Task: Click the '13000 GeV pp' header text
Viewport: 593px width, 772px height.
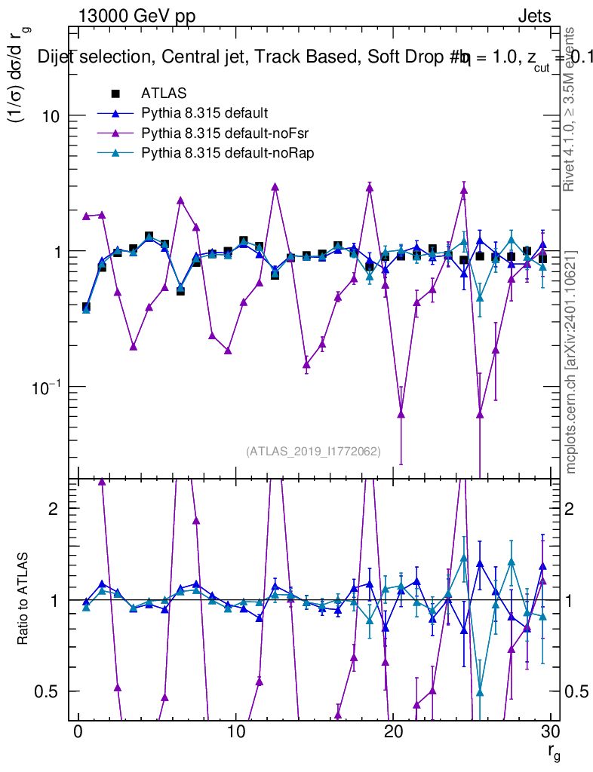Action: click(x=137, y=16)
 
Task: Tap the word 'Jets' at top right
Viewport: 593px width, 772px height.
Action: click(x=534, y=16)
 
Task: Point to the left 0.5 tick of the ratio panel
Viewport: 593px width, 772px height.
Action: click(x=48, y=691)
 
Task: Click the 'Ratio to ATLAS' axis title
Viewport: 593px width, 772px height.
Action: click(x=23, y=599)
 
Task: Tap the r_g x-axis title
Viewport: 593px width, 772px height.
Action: click(x=554, y=753)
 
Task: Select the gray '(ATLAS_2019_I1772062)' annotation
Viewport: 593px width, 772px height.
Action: click(x=313, y=452)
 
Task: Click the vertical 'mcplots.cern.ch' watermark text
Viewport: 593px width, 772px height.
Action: click(x=571, y=362)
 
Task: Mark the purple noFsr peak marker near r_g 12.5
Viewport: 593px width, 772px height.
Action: click(x=275, y=186)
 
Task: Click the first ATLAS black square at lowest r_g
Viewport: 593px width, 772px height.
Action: click(x=86, y=307)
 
